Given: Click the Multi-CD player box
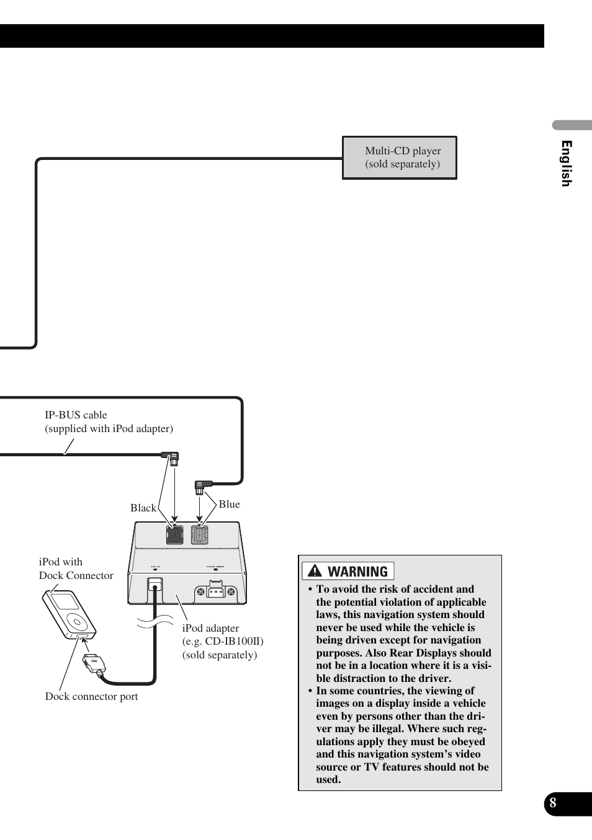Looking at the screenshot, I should tap(400, 157).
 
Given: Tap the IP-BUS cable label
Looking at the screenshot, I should tap(109, 422).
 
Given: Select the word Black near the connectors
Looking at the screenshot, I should tap(143, 508).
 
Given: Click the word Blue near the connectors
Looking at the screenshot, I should tap(229, 504).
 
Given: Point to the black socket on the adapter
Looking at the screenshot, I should tap(174, 534).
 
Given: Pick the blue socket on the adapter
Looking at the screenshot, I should tap(199, 534).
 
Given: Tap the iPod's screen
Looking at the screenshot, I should tap(64, 602).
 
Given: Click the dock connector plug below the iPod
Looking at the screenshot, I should tap(94, 663).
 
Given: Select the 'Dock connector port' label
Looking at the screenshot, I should tap(91, 696).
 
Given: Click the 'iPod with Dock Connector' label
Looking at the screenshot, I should tap(76, 568).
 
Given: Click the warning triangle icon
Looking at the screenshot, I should tap(315, 571).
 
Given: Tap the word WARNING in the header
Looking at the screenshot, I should tap(358, 572).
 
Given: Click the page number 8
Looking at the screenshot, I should tap(553, 803).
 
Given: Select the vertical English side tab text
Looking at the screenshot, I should tap(566, 163).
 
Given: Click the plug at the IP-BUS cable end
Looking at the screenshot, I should tap(172, 458).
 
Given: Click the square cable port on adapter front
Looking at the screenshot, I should tap(155, 585).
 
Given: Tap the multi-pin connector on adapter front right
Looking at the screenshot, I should tap(215, 591).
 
